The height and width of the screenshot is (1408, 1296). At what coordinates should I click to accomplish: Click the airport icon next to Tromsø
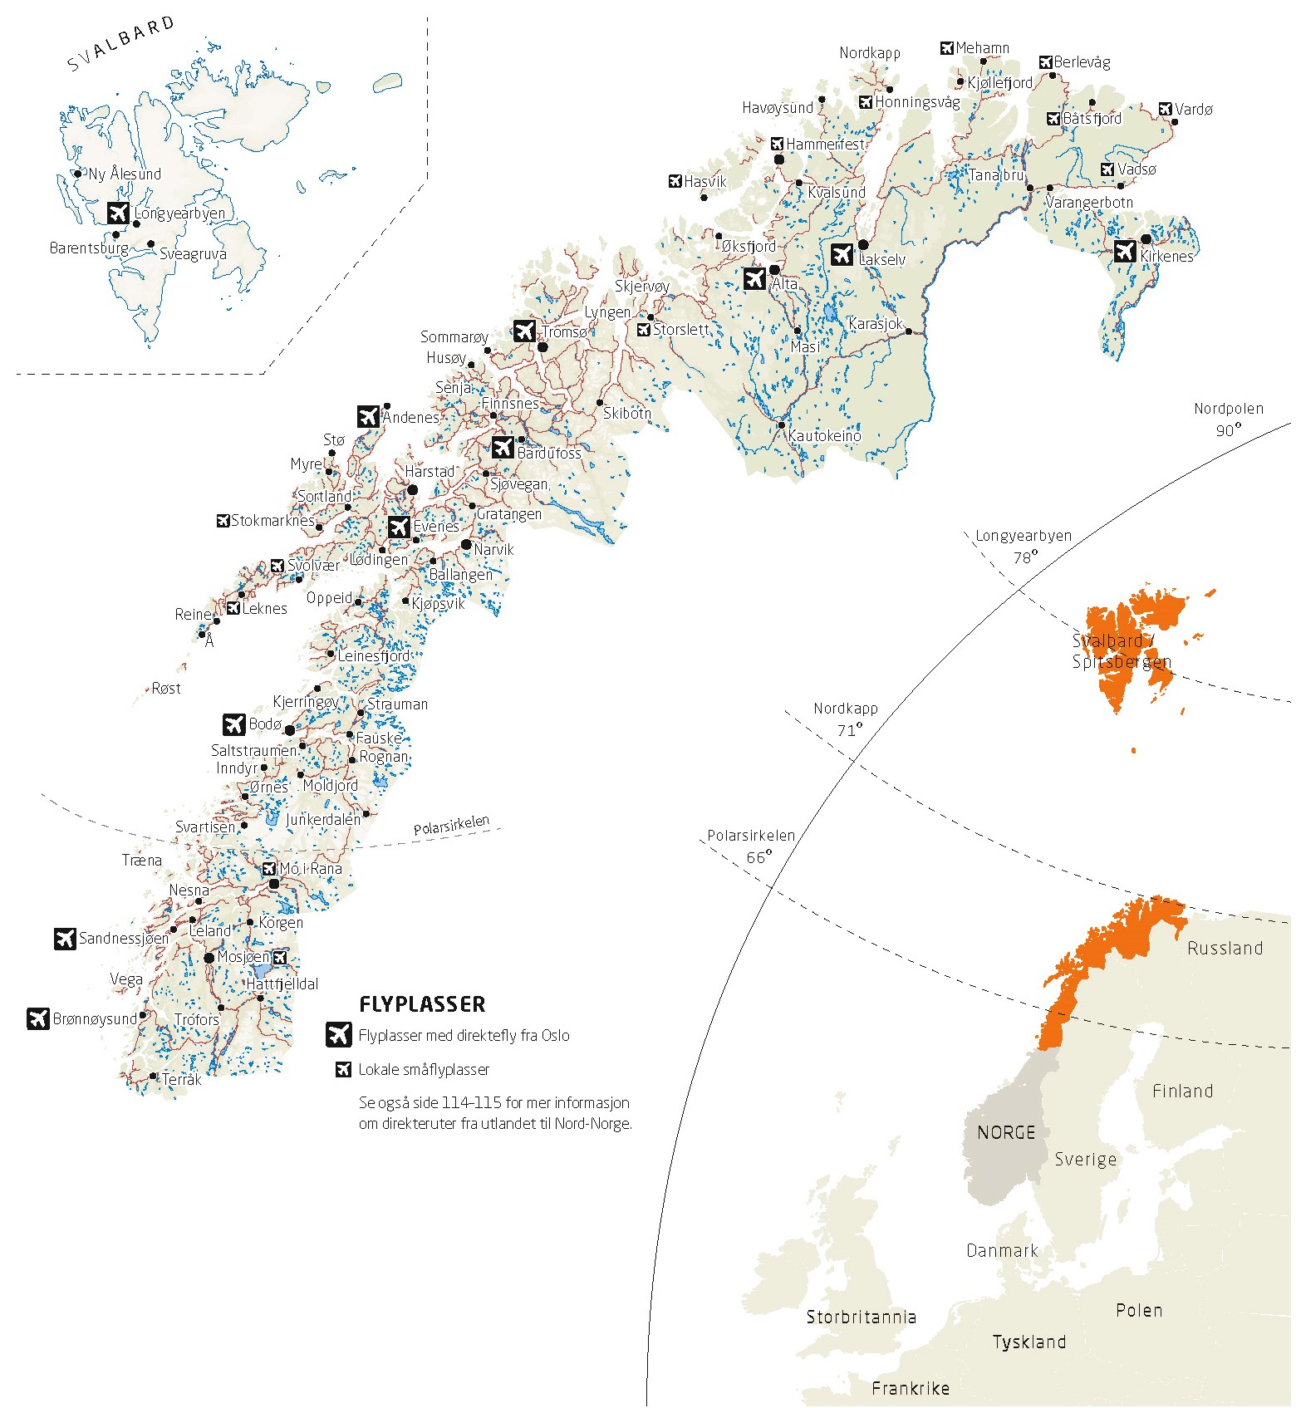pos(524,331)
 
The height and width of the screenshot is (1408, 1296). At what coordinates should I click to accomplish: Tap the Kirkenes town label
pos(1166,257)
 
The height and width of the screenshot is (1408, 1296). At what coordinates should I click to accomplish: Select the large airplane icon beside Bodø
pos(234,724)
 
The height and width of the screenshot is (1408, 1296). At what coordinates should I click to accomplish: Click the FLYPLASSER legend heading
pos(422,1004)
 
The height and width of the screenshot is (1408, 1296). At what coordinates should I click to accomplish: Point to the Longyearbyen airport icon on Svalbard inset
pos(119,213)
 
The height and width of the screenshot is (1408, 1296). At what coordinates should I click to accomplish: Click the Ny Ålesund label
pos(125,174)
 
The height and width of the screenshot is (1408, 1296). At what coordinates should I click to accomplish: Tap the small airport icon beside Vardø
pos(1166,109)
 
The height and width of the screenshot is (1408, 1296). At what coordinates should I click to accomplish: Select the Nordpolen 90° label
pos(1228,419)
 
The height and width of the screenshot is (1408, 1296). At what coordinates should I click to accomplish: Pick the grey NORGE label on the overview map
pos(1006,1132)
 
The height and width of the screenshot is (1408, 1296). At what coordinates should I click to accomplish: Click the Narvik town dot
pos(466,545)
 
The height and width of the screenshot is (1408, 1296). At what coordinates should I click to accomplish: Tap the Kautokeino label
pos(824,436)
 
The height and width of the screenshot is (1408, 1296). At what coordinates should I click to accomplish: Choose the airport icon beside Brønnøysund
pos(38,1018)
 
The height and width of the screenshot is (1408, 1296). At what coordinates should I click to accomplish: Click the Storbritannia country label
pos(861,1317)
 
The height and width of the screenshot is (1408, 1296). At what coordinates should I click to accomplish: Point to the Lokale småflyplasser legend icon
pos(343,1069)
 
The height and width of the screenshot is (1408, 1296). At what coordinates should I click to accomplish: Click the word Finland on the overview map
pos(1182,1091)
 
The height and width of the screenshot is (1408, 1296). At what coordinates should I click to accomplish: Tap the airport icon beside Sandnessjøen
pos(65,939)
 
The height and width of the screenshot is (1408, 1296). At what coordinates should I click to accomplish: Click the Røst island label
pos(166,689)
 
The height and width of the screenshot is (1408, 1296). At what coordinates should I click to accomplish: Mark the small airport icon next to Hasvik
pos(675,181)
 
